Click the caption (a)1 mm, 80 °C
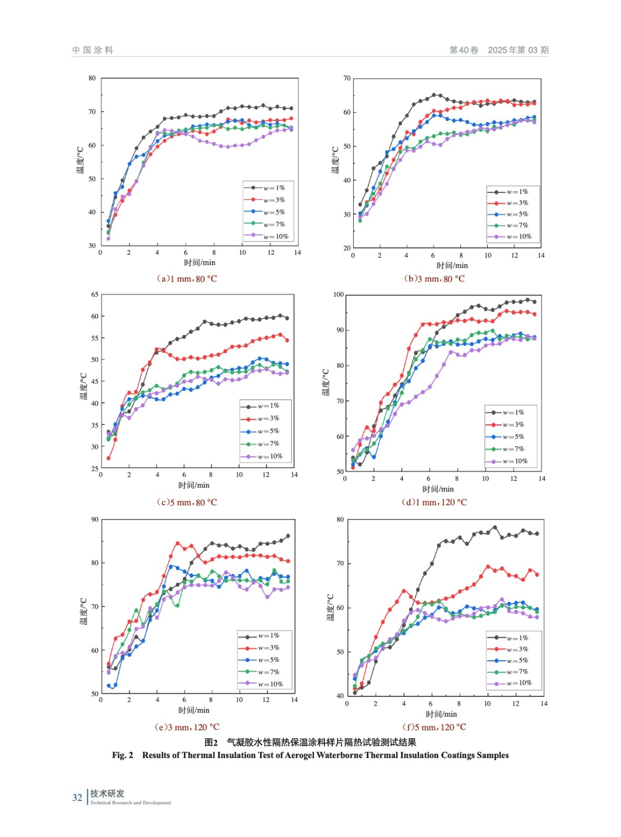click(187, 279)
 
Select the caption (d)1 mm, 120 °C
click(434, 502)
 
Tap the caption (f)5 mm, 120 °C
click(434, 727)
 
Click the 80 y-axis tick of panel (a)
click(92, 78)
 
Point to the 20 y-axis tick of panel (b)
click(347, 248)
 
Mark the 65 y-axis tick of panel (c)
click(95, 295)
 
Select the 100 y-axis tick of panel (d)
click(338, 295)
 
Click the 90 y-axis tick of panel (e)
click(95, 519)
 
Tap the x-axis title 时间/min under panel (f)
click(441, 714)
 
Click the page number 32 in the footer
click(77, 798)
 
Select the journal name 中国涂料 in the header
click(93, 50)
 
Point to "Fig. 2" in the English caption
click(122, 755)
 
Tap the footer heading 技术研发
click(107, 794)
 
